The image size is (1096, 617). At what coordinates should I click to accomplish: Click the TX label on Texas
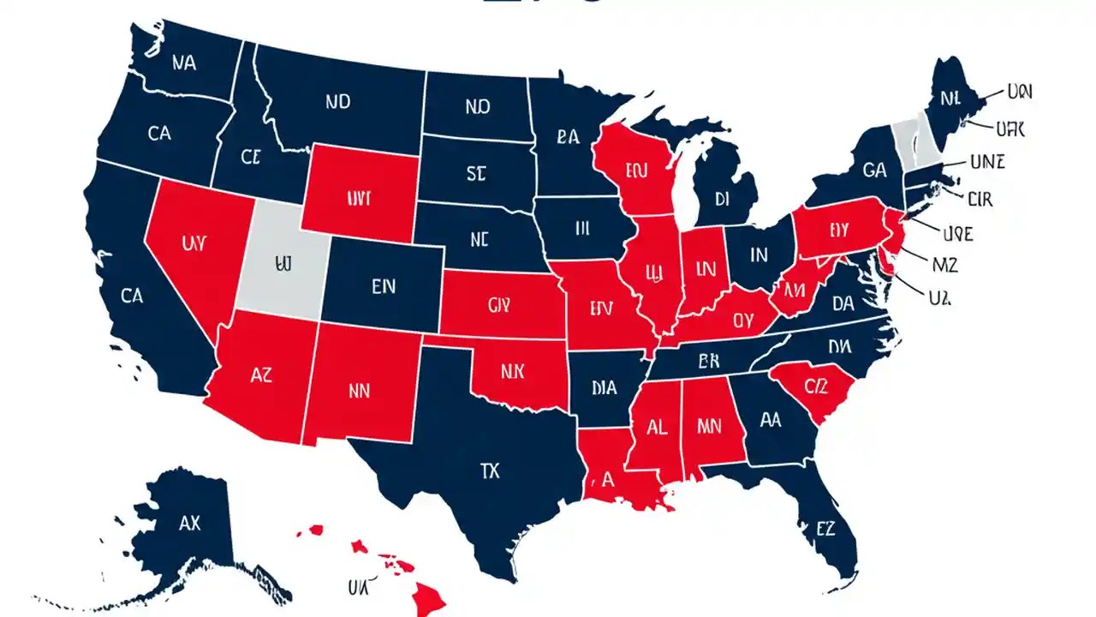click(490, 470)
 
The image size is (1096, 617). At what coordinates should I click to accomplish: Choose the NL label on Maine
click(950, 99)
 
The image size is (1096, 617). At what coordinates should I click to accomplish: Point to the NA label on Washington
click(183, 63)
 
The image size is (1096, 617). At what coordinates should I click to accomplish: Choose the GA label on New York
click(874, 171)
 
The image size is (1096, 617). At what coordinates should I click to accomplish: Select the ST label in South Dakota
click(476, 174)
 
